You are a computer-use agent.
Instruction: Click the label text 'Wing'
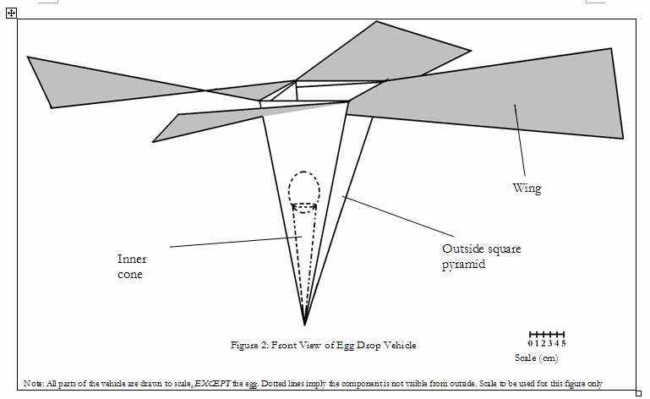527,189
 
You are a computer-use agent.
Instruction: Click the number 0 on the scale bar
530,342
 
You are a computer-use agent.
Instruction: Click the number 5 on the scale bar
564,342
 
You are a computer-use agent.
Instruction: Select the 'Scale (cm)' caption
536,358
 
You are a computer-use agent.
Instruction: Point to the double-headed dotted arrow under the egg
304,205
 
